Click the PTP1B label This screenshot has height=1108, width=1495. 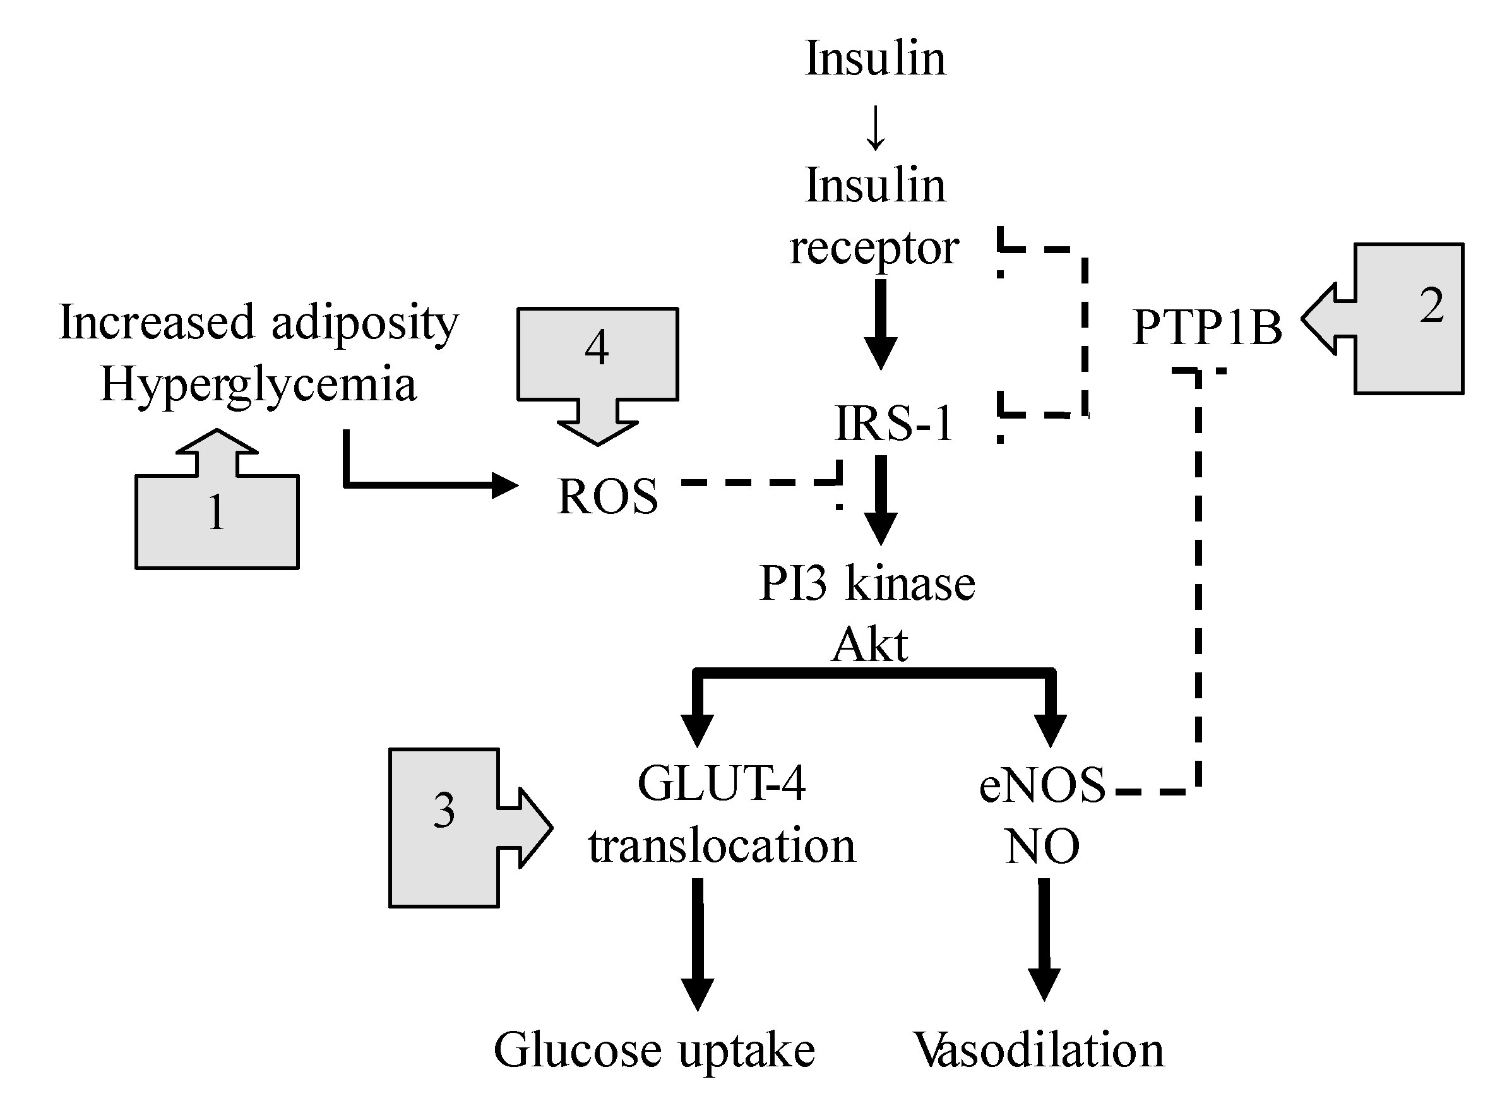(x=1207, y=327)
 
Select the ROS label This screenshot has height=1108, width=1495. (x=607, y=496)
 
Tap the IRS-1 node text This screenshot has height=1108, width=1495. (x=894, y=423)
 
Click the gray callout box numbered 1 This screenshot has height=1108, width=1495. (x=217, y=499)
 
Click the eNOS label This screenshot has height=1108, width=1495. (x=1042, y=785)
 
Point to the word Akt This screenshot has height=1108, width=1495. (x=870, y=645)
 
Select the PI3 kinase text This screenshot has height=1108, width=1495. (x=867, y=583)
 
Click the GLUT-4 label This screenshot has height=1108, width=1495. (x=722, y=783)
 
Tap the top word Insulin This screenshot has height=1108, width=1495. (x=875, y=58)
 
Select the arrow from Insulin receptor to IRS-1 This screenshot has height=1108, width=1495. (x=881, y=324)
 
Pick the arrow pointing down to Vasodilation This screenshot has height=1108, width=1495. (x=1044, y=939)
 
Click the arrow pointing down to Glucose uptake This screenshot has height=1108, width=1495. (x=698, y=944)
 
